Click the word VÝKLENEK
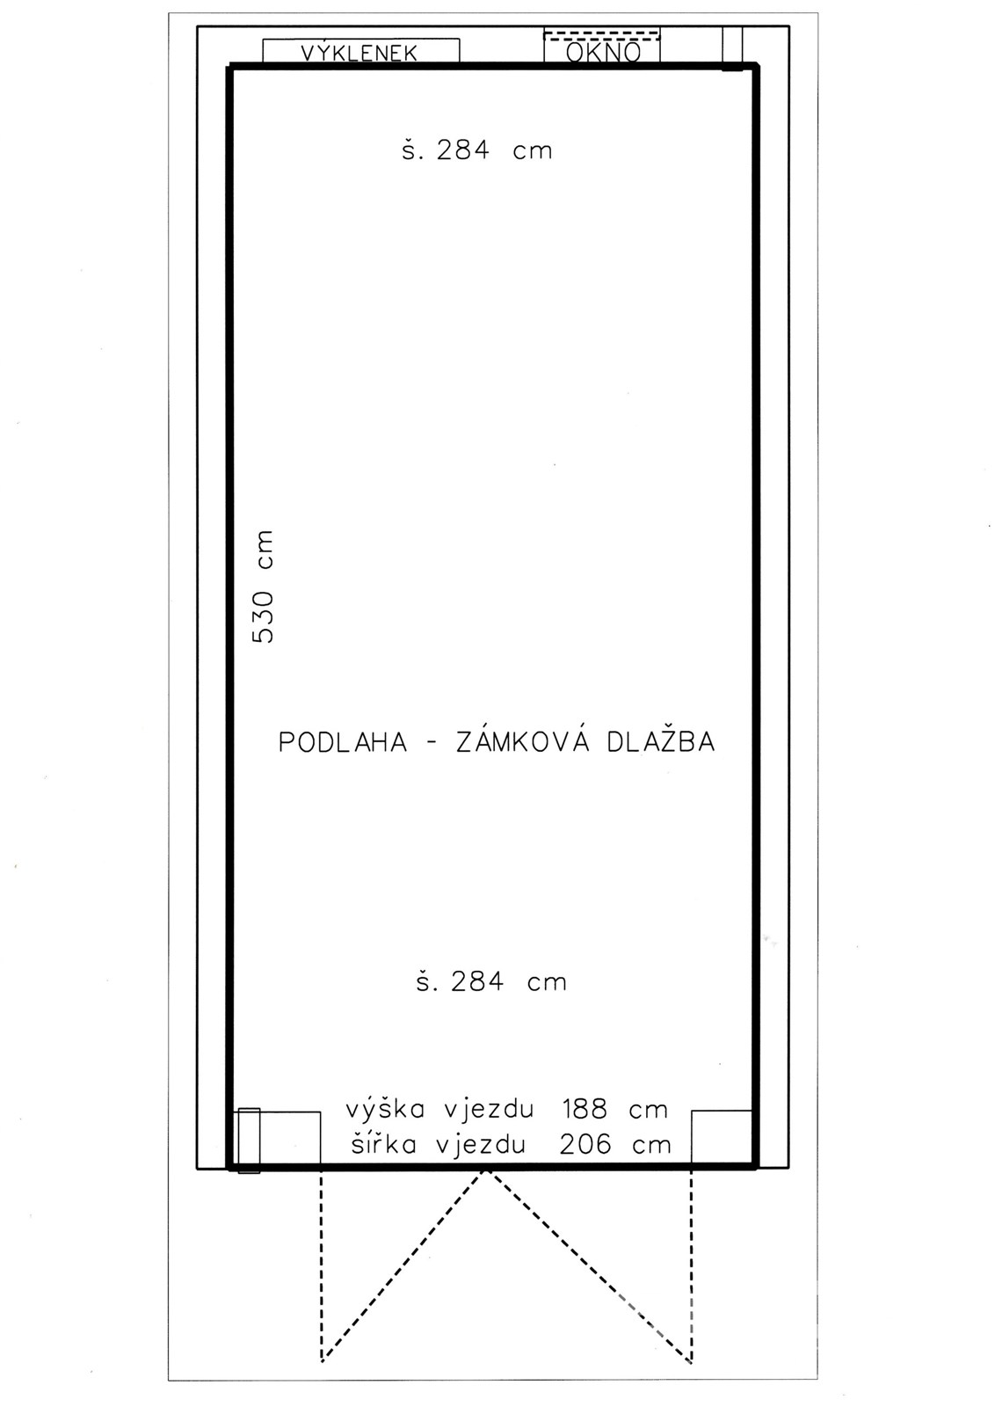point(360,53)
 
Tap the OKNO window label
point(603,52)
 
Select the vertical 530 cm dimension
point(263,587)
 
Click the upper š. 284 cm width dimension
point(477,149)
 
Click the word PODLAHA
point(343,742)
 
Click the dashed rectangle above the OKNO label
point(602,34)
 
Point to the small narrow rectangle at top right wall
point(732,47)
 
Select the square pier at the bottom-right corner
point(722,1138)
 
